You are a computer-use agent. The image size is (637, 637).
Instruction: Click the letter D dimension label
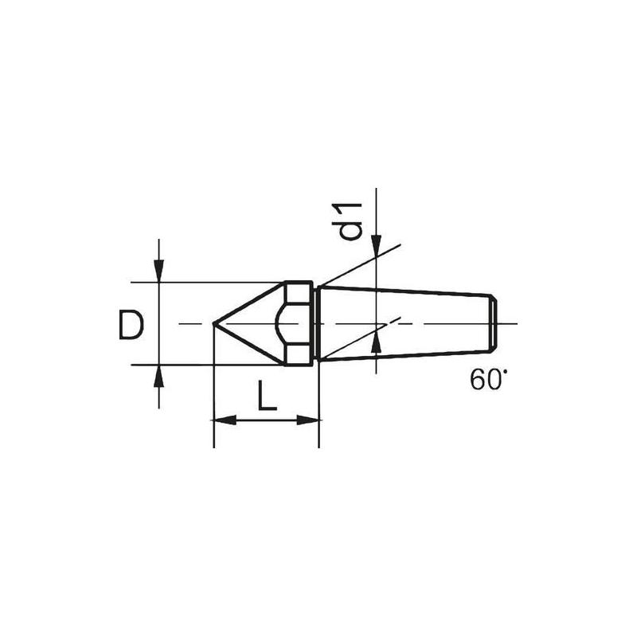coord(131,326)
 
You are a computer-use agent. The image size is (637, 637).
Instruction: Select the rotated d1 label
coord(351,221)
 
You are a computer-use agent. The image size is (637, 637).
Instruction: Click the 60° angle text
coord(487,380)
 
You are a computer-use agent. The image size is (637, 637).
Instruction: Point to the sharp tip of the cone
coord(213,323)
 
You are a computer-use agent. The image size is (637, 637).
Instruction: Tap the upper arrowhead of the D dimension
coord(159,272)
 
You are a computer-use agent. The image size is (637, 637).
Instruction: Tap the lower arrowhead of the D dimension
coord(159,375)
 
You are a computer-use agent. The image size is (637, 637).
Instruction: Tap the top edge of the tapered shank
coord(406,291)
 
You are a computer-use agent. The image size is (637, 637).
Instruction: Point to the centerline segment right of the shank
coord(508,324)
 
